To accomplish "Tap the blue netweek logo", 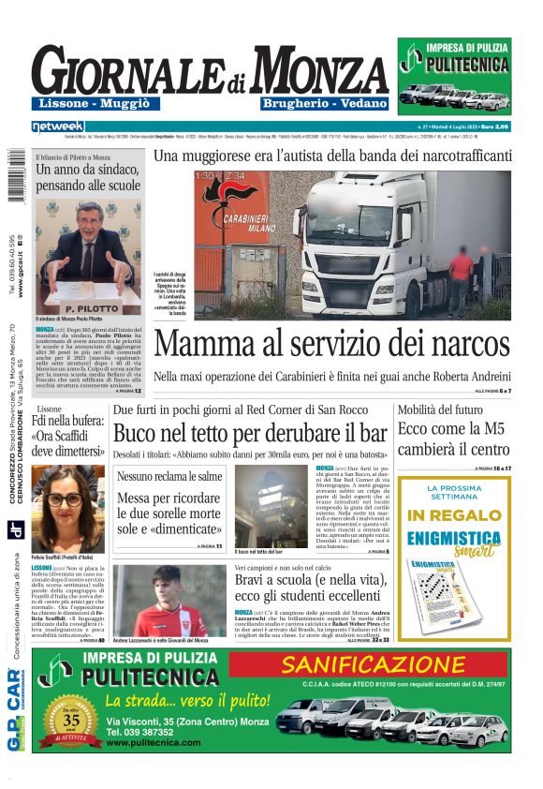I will tap(58, 127).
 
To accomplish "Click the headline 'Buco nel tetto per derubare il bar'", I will tap(250, 434).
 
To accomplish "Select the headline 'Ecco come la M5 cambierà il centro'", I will tap(466, 437).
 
